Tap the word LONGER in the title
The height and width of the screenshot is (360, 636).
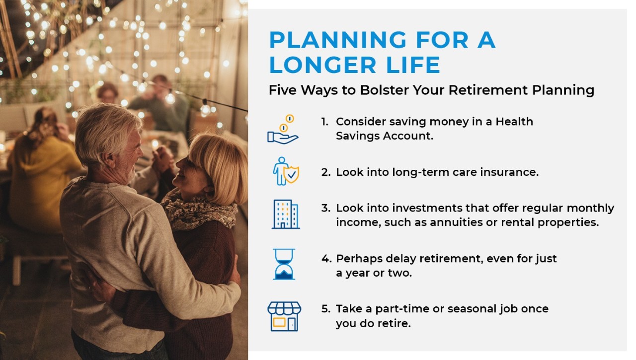(323, 65)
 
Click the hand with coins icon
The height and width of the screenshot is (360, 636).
(283, 130)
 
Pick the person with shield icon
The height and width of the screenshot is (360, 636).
(286, 171)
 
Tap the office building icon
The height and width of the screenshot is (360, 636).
(286, 214)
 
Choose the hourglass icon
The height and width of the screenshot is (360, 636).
(284, 264)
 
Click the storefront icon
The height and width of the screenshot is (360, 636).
(284, 316)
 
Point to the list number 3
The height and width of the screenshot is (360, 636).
(326, 208)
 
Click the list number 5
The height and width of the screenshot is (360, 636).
(326, 309)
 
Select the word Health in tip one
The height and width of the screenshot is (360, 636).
(514, 122)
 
